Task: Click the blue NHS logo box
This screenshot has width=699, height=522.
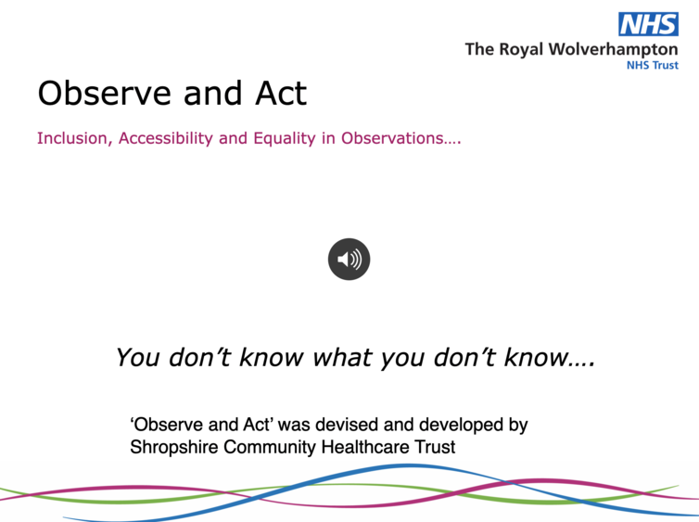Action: tap(648, 24)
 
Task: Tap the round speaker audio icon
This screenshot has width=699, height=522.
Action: tap(349, 259)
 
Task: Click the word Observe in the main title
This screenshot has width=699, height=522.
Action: tap(105, 93)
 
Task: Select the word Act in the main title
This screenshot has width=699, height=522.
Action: tap(281, 93)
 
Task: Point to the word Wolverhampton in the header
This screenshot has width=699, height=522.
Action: tap(613, 50)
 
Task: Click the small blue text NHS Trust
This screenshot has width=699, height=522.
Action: tap(653, 65)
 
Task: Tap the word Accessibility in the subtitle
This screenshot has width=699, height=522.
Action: tap(166, 139)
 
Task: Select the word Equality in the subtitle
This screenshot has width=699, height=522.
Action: tap(285, 139)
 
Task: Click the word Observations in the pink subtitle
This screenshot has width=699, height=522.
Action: tap(401, 138)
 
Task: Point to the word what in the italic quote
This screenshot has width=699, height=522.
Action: tap(342, 358)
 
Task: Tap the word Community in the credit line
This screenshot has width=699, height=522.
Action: tap(269, 447)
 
